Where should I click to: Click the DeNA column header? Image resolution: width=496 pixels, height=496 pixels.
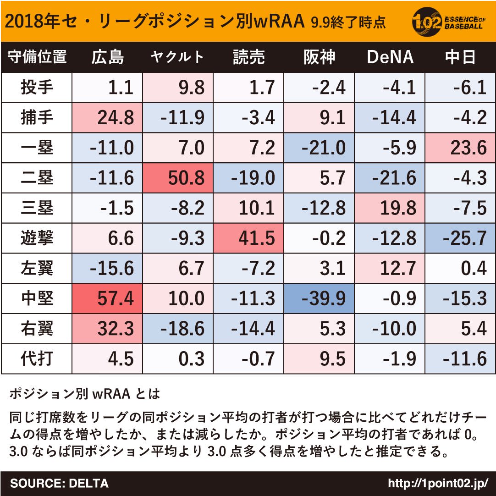(390, 57)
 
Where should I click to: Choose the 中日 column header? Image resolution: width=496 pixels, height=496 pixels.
(460, 57)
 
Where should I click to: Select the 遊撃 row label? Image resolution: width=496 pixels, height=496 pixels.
(37, 238)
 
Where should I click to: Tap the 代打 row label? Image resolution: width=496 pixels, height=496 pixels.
(37, 358)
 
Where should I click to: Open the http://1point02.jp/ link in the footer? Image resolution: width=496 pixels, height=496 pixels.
(438, 483)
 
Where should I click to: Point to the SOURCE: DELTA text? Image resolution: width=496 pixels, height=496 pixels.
(59, 483)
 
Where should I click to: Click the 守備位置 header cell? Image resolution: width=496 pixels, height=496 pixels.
(37, 57)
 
